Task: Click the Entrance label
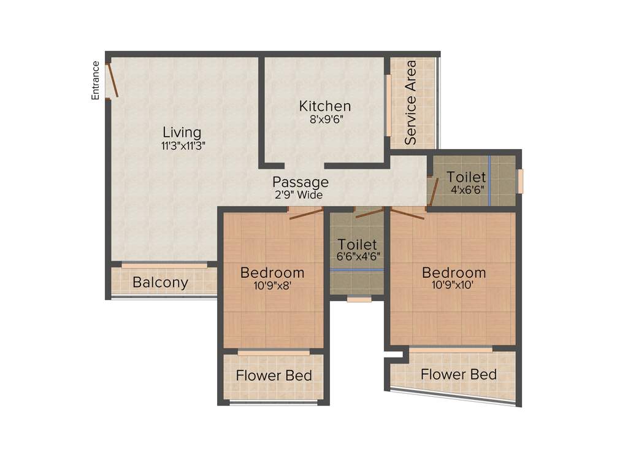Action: point(96,80)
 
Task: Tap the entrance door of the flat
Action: point(112,80)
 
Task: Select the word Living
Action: point(182,132)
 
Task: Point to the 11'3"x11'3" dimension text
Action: point(182,147)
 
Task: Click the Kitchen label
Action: point(325,106)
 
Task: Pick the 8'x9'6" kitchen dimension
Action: point(326,120)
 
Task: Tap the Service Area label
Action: point(411,102)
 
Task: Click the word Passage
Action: point(301,182)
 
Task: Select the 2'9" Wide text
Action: point(299,196)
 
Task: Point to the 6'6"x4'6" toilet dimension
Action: point(357,257)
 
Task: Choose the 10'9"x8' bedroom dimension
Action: point(272,285)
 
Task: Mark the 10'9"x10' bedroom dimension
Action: point(454,285)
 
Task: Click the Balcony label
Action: point(161,283)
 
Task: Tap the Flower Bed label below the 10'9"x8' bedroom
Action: point(274,376)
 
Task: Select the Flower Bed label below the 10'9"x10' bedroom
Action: point(459,374)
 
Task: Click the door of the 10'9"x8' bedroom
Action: point(306,212)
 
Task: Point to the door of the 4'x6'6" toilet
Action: point(433,191)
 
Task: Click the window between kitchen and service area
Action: point(388,105)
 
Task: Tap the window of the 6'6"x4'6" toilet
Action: point(359,299)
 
